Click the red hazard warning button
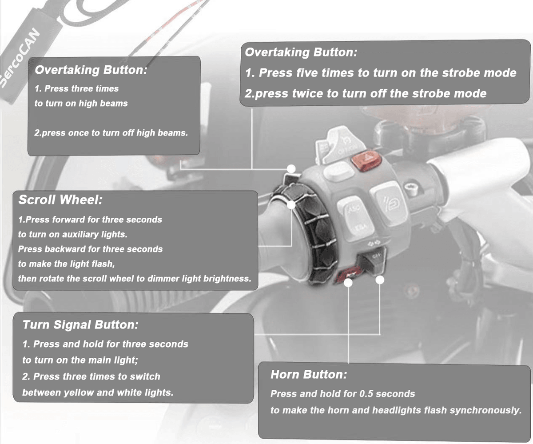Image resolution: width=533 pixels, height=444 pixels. click(x=366, y=160)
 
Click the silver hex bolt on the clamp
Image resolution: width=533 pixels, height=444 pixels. click(x=412, y=188)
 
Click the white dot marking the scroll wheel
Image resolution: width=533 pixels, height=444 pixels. click(x=291, y=204)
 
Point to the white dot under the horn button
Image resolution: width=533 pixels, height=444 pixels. click(x=348, y=283)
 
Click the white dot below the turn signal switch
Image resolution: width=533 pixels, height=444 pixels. click(x=380, y=280)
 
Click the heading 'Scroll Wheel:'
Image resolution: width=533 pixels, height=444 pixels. click(x=60, y=200)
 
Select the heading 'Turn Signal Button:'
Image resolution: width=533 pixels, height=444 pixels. click(x=80, y=325)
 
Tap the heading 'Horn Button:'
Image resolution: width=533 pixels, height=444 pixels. click(x=309, y=374)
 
